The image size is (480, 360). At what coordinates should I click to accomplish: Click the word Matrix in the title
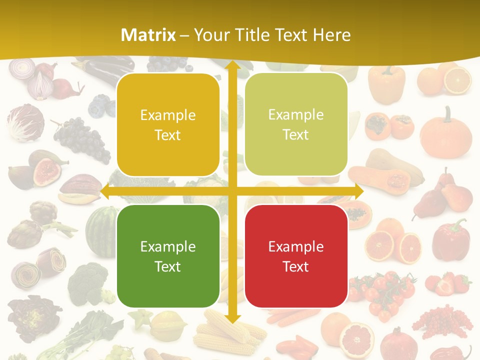coord(148,35)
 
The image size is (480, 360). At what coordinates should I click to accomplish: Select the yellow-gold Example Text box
coord(168,125)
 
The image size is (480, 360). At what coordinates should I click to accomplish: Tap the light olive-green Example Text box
coord(296,125)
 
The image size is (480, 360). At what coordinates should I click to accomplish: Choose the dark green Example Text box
coord(168,256)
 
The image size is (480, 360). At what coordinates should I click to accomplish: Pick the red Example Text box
coord(296,256)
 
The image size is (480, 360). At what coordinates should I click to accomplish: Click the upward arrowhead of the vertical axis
coord(232,65)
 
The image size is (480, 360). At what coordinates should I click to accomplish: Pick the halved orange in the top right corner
coord(457,80)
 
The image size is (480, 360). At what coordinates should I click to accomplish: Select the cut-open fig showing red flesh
coord(47,171)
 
